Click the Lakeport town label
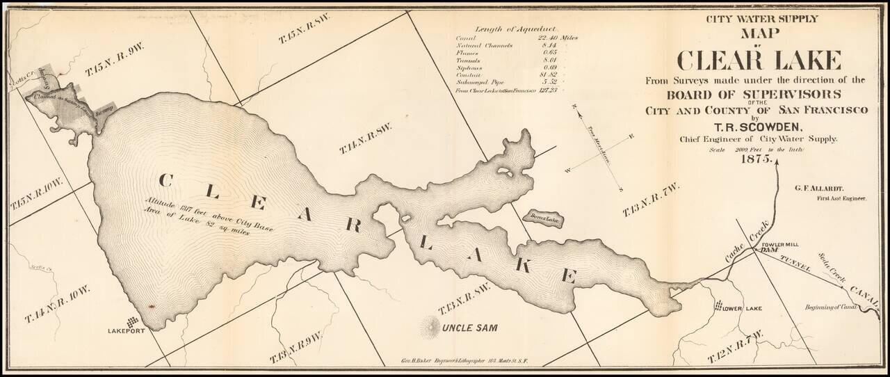(126, 331)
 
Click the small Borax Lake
(543, 218)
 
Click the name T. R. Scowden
(755, 127)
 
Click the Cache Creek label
(741, 249)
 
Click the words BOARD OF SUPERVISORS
(755, 94)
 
